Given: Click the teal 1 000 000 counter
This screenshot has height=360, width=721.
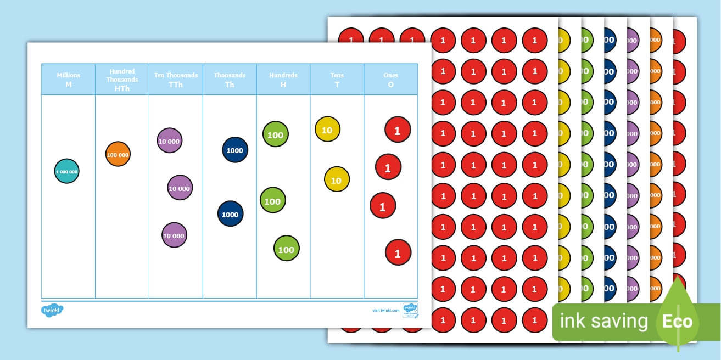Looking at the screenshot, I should (x=67, y=171).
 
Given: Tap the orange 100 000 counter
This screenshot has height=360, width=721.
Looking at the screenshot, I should (x=118, y=154).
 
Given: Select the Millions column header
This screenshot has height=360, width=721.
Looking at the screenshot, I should (x=69, y=80).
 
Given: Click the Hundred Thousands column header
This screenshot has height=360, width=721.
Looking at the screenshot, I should (x=122, y=80).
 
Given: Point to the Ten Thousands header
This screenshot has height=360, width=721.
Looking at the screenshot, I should (x=176, y=80).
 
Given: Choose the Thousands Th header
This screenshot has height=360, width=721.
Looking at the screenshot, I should (x=230, y=80).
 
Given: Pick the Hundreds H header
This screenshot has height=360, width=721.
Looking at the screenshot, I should (x=283, y=80).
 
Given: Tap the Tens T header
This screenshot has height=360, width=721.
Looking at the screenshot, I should (x=337, y=80).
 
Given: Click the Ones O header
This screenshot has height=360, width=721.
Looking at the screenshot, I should (x=390, y=80).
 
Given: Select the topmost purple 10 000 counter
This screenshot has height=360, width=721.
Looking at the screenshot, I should (x=169, y=141).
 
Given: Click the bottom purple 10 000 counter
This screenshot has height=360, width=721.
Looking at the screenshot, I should (x=174, y=235).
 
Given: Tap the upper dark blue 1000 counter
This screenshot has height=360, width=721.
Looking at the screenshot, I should (x=235, y=150).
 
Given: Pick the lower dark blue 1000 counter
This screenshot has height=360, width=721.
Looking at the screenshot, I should (x=230, y=214).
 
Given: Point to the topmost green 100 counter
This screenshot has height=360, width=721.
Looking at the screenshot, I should (x=275, y=135).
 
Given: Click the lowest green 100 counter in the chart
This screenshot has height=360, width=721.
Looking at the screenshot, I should (x=286, y=249).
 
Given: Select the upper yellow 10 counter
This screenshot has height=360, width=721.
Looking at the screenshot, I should (x=327, y=130).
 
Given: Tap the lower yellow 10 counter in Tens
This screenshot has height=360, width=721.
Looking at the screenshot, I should (x=337, y=179).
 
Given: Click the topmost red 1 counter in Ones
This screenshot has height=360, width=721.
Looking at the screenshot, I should (x=398, y=130).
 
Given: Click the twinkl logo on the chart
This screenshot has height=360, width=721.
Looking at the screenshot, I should (x=52, y=310).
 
